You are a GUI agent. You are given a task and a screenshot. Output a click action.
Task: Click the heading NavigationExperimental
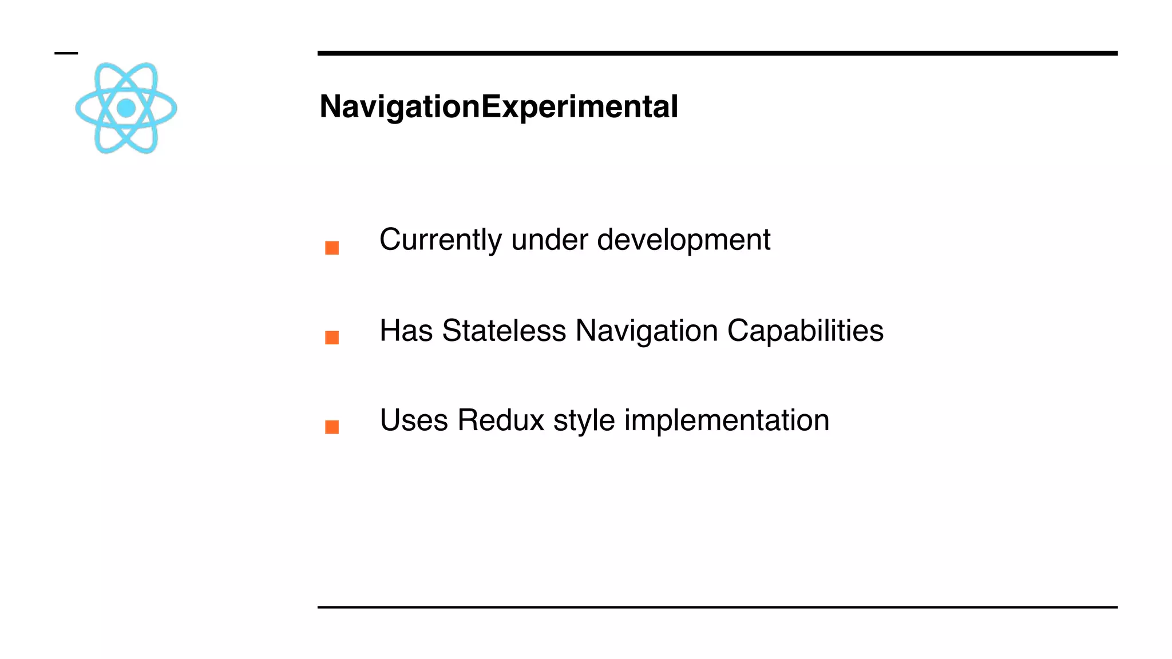(498, 107)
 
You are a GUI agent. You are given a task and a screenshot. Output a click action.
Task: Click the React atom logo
(126, 108)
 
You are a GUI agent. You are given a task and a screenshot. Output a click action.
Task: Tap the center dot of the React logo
(126, 108)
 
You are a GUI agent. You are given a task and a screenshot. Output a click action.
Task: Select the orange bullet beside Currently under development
(332, 248)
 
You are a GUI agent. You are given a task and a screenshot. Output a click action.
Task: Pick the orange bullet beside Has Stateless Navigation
(332, 338)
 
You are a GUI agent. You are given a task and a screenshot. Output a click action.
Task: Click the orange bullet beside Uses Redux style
(332, 427)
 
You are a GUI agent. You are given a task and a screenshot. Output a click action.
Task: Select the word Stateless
(504, 331)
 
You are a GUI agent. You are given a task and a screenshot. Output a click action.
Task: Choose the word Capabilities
(805, 331)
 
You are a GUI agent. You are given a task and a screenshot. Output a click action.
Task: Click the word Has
(406, 331)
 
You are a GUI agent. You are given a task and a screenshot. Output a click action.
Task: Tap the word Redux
(501, 420)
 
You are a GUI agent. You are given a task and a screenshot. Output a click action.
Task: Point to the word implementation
(726, 420)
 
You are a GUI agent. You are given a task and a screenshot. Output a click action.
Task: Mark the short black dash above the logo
(66, 53)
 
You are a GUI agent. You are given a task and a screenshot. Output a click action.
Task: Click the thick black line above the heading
(717, 53)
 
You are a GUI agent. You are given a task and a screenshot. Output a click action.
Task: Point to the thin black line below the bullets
(717, 607)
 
